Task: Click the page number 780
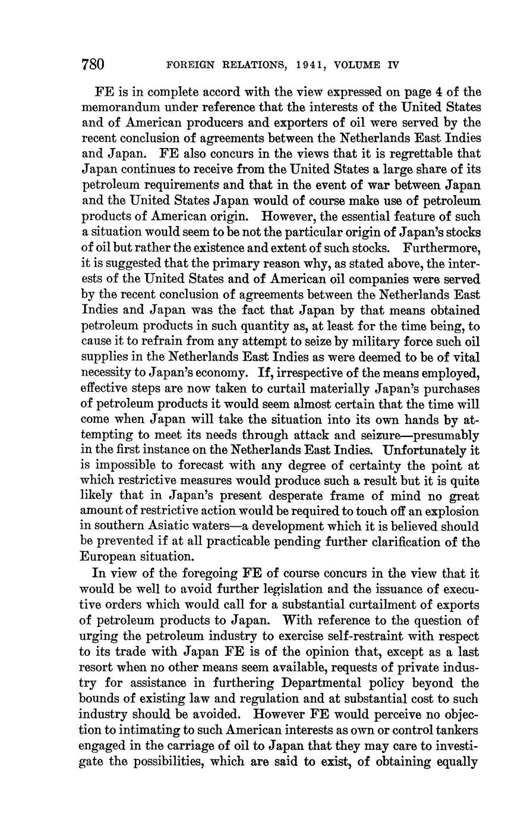[93, 64]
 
